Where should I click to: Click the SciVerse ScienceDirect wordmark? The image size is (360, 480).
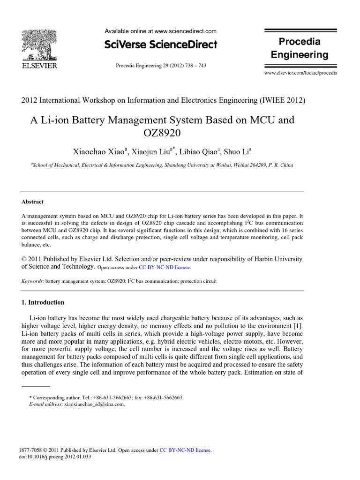coord(161,45)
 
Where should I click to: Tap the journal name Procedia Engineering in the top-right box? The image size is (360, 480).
coord(300,48)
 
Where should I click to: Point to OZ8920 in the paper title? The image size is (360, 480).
coord(162,133)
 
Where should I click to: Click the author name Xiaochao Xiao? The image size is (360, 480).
coord(98,151)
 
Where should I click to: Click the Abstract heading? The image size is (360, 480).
coord(33,202)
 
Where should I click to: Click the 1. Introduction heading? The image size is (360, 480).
coord(43,302)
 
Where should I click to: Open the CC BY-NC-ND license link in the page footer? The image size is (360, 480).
coord(185,450)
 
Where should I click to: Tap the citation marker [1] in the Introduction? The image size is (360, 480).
coord(298,325)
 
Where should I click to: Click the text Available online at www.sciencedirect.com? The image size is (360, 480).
coord(160,31)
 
